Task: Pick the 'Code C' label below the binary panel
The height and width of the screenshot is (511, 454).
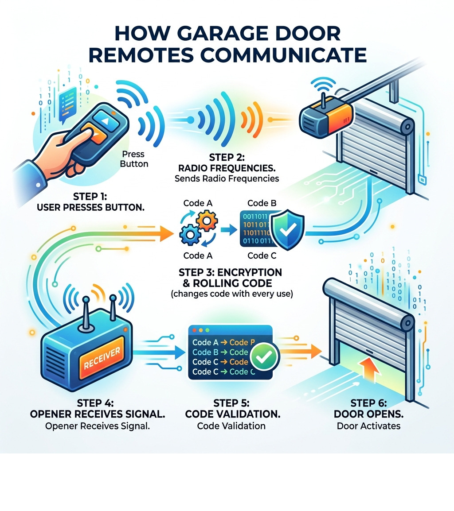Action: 258,255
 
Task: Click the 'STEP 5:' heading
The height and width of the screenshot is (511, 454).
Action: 231,403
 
